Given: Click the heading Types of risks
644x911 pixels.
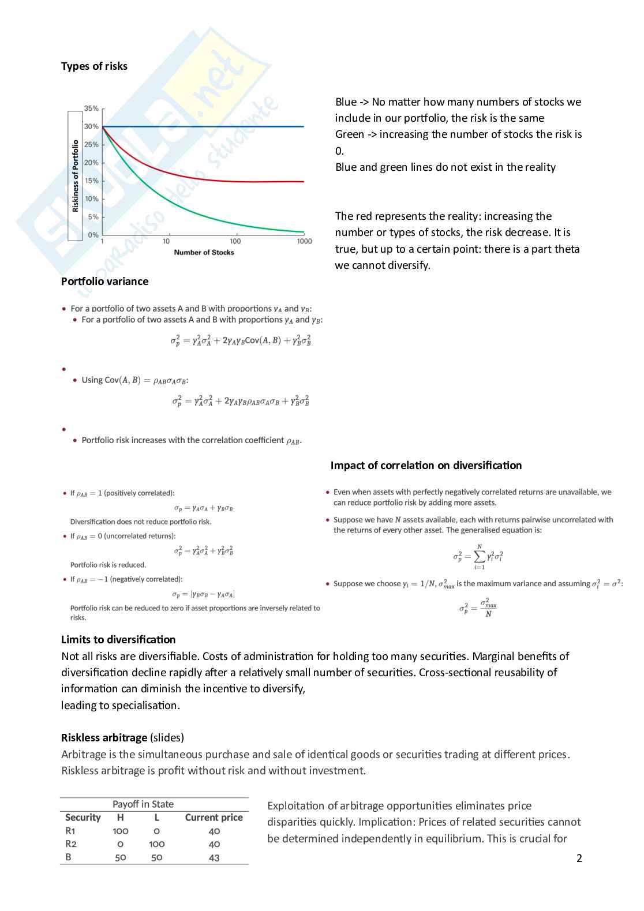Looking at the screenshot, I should (x=94, y=66).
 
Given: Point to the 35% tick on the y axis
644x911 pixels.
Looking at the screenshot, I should (x=91, y=108).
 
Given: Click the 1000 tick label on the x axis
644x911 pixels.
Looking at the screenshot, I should (x=304, y=241).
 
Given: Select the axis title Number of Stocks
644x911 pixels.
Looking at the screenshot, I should (x=204, y=252).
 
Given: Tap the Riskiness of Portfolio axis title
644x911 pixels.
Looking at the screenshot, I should (x=75, y=176).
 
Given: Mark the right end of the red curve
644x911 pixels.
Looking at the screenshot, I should (x=303, y=182).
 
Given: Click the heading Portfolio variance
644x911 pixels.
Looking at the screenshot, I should (x=104, y=282).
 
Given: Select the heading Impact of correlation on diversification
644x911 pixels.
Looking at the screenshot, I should (x=426, y=466).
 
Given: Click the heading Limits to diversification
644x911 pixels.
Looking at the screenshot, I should (x=118, y=640).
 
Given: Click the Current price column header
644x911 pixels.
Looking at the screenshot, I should (x=214, y=818).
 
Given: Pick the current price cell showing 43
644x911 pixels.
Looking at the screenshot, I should (x=214, y=857).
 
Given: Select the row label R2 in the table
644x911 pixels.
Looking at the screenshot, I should (x=70, y=844).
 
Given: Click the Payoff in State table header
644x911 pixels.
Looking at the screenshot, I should (x=143, y=804).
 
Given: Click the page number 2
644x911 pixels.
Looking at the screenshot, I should (x=579, y=858).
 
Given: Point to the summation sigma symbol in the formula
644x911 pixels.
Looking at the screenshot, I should (x=479, y=557).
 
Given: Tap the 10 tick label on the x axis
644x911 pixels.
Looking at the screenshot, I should (x=166, y=241).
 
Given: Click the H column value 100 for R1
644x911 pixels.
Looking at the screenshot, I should (x=121, y=831).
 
